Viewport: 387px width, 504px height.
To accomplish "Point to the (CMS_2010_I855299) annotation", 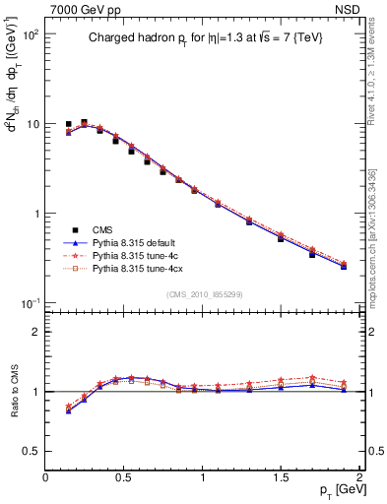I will coord(203,294).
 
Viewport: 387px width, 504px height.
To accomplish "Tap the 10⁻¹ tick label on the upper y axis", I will coord(28,303).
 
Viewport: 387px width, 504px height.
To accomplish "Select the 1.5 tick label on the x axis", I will coord(282,476).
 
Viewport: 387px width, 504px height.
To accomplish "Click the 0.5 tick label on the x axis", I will coord(124,476).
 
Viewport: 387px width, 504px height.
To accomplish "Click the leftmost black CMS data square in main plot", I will coord(68,125).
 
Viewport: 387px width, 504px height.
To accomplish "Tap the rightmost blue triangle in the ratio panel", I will coord(344,390).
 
